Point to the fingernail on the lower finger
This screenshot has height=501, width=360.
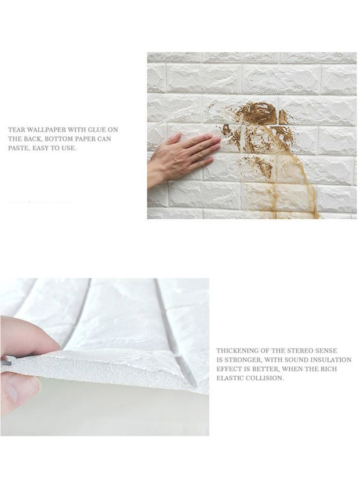pos(12,392)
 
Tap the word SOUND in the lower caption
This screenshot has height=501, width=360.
pos(292,360)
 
